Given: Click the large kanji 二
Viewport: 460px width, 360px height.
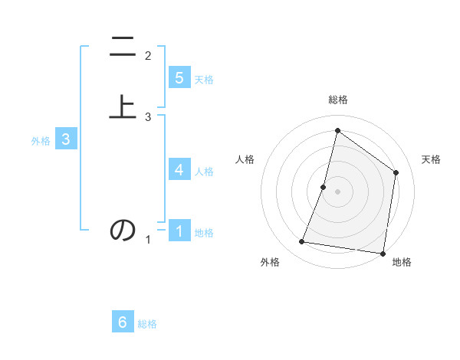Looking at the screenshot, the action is point(123,47).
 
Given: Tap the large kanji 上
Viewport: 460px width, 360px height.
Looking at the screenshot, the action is point(123,106).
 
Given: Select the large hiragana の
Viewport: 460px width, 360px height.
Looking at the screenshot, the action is point(123,230).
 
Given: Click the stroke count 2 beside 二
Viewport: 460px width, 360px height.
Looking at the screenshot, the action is point(148,56).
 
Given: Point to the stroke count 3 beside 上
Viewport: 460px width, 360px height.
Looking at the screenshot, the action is point(148,117).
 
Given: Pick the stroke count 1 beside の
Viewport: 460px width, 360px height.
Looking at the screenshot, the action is point(148,241).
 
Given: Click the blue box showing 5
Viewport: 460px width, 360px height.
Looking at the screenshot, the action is point(179,77).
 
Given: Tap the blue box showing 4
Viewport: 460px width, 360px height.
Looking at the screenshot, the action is point(179,169).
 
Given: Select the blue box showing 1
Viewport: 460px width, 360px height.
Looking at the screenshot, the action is point(179,231).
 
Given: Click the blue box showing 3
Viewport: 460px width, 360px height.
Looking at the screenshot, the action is point(66,139).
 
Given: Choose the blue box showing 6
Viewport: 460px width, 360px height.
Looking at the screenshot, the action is point(123,322).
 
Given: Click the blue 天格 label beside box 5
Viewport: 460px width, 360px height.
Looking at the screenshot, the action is point(204,80).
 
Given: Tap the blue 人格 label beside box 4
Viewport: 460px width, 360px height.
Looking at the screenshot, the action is point(204,172).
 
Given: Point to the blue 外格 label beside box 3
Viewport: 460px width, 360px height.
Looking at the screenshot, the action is point(41,141).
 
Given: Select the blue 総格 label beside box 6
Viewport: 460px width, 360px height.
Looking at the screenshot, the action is point(147,325).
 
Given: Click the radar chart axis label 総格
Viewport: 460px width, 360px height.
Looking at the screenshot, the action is point(337,100).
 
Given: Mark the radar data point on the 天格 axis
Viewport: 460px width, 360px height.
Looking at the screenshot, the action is point(396,172).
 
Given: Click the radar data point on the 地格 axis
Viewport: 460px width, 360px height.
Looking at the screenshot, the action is point(383,253).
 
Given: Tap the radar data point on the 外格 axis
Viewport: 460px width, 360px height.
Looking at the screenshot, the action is point(302,242).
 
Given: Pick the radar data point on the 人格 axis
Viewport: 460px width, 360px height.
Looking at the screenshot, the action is point(324,187).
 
